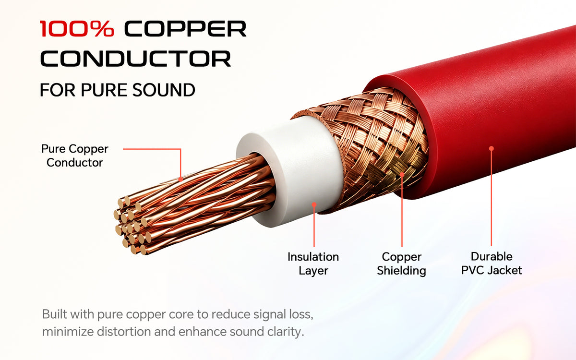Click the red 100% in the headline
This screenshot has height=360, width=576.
77,28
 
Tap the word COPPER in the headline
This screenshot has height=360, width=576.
185,28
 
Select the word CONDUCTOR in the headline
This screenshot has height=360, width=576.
135,59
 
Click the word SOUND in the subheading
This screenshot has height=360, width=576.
164,90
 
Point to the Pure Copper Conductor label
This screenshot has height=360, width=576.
75,156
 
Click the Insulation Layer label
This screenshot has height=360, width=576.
313,264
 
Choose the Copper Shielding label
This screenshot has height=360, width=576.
401,264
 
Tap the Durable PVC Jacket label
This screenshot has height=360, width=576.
492,264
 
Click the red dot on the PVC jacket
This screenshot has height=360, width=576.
492,149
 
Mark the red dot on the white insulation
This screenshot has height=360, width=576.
314,204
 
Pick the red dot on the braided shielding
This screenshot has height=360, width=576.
402,175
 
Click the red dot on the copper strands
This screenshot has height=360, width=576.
180,179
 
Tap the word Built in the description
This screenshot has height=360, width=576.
55,314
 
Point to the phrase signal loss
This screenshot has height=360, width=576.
283,315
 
